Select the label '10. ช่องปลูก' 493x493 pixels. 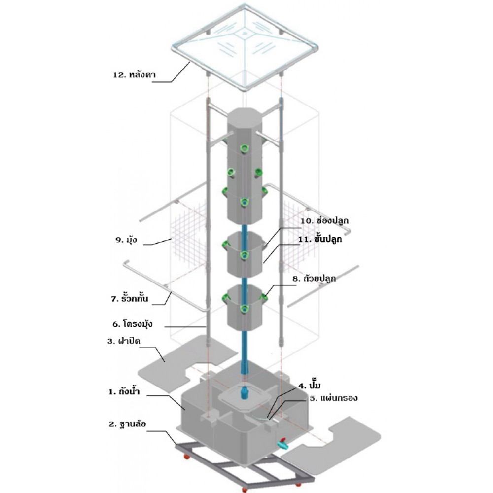pos(320,221)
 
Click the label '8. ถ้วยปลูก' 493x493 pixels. pos(314,279)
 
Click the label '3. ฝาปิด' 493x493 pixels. pos(123,341)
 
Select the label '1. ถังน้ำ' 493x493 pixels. pos(124,393)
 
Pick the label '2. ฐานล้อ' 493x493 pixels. pos(126,423)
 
